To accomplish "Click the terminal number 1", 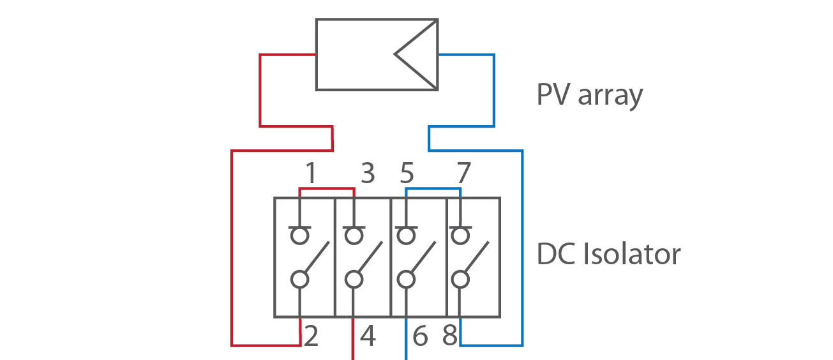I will [310, 174].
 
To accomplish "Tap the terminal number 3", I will [368, 174].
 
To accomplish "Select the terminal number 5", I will [407, 174].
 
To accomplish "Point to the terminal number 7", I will [463, 174].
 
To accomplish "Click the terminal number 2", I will [311, 336].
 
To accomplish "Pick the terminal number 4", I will [368, 336].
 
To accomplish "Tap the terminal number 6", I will [419, 336].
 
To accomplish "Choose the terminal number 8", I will [450, 336].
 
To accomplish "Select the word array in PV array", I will [610, 96].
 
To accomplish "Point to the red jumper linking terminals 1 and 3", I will [326, 188].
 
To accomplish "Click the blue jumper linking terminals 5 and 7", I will [433, 188].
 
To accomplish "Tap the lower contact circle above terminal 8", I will [459, 279].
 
